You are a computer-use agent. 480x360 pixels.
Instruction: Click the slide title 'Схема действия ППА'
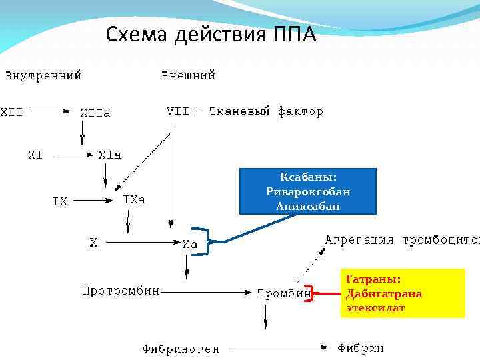point(211,34)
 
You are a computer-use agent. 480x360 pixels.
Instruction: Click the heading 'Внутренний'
point(43,75)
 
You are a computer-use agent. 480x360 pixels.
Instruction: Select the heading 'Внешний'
point(189,75)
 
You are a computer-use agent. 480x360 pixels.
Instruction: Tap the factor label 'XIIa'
point(95,113)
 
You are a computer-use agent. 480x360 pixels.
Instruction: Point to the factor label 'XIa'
point(109,155)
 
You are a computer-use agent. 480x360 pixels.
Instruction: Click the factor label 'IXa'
point(133,199)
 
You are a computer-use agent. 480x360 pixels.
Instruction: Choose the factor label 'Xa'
point(190,244)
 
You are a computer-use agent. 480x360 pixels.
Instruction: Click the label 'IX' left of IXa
point(60,201)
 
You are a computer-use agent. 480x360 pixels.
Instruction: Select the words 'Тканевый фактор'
point(266,112)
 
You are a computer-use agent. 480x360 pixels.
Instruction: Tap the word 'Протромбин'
point(121,291)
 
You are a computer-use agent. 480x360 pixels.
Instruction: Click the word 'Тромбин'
point(285,293)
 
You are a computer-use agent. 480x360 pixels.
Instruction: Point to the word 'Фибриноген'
point(181,349)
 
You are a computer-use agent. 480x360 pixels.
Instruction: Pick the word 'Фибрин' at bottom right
point(361,348)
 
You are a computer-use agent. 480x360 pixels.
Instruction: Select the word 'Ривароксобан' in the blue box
point(307,192)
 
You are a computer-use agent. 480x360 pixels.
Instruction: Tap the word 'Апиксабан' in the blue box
point(307,206)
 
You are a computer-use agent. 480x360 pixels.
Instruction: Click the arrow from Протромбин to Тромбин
point(207,291)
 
